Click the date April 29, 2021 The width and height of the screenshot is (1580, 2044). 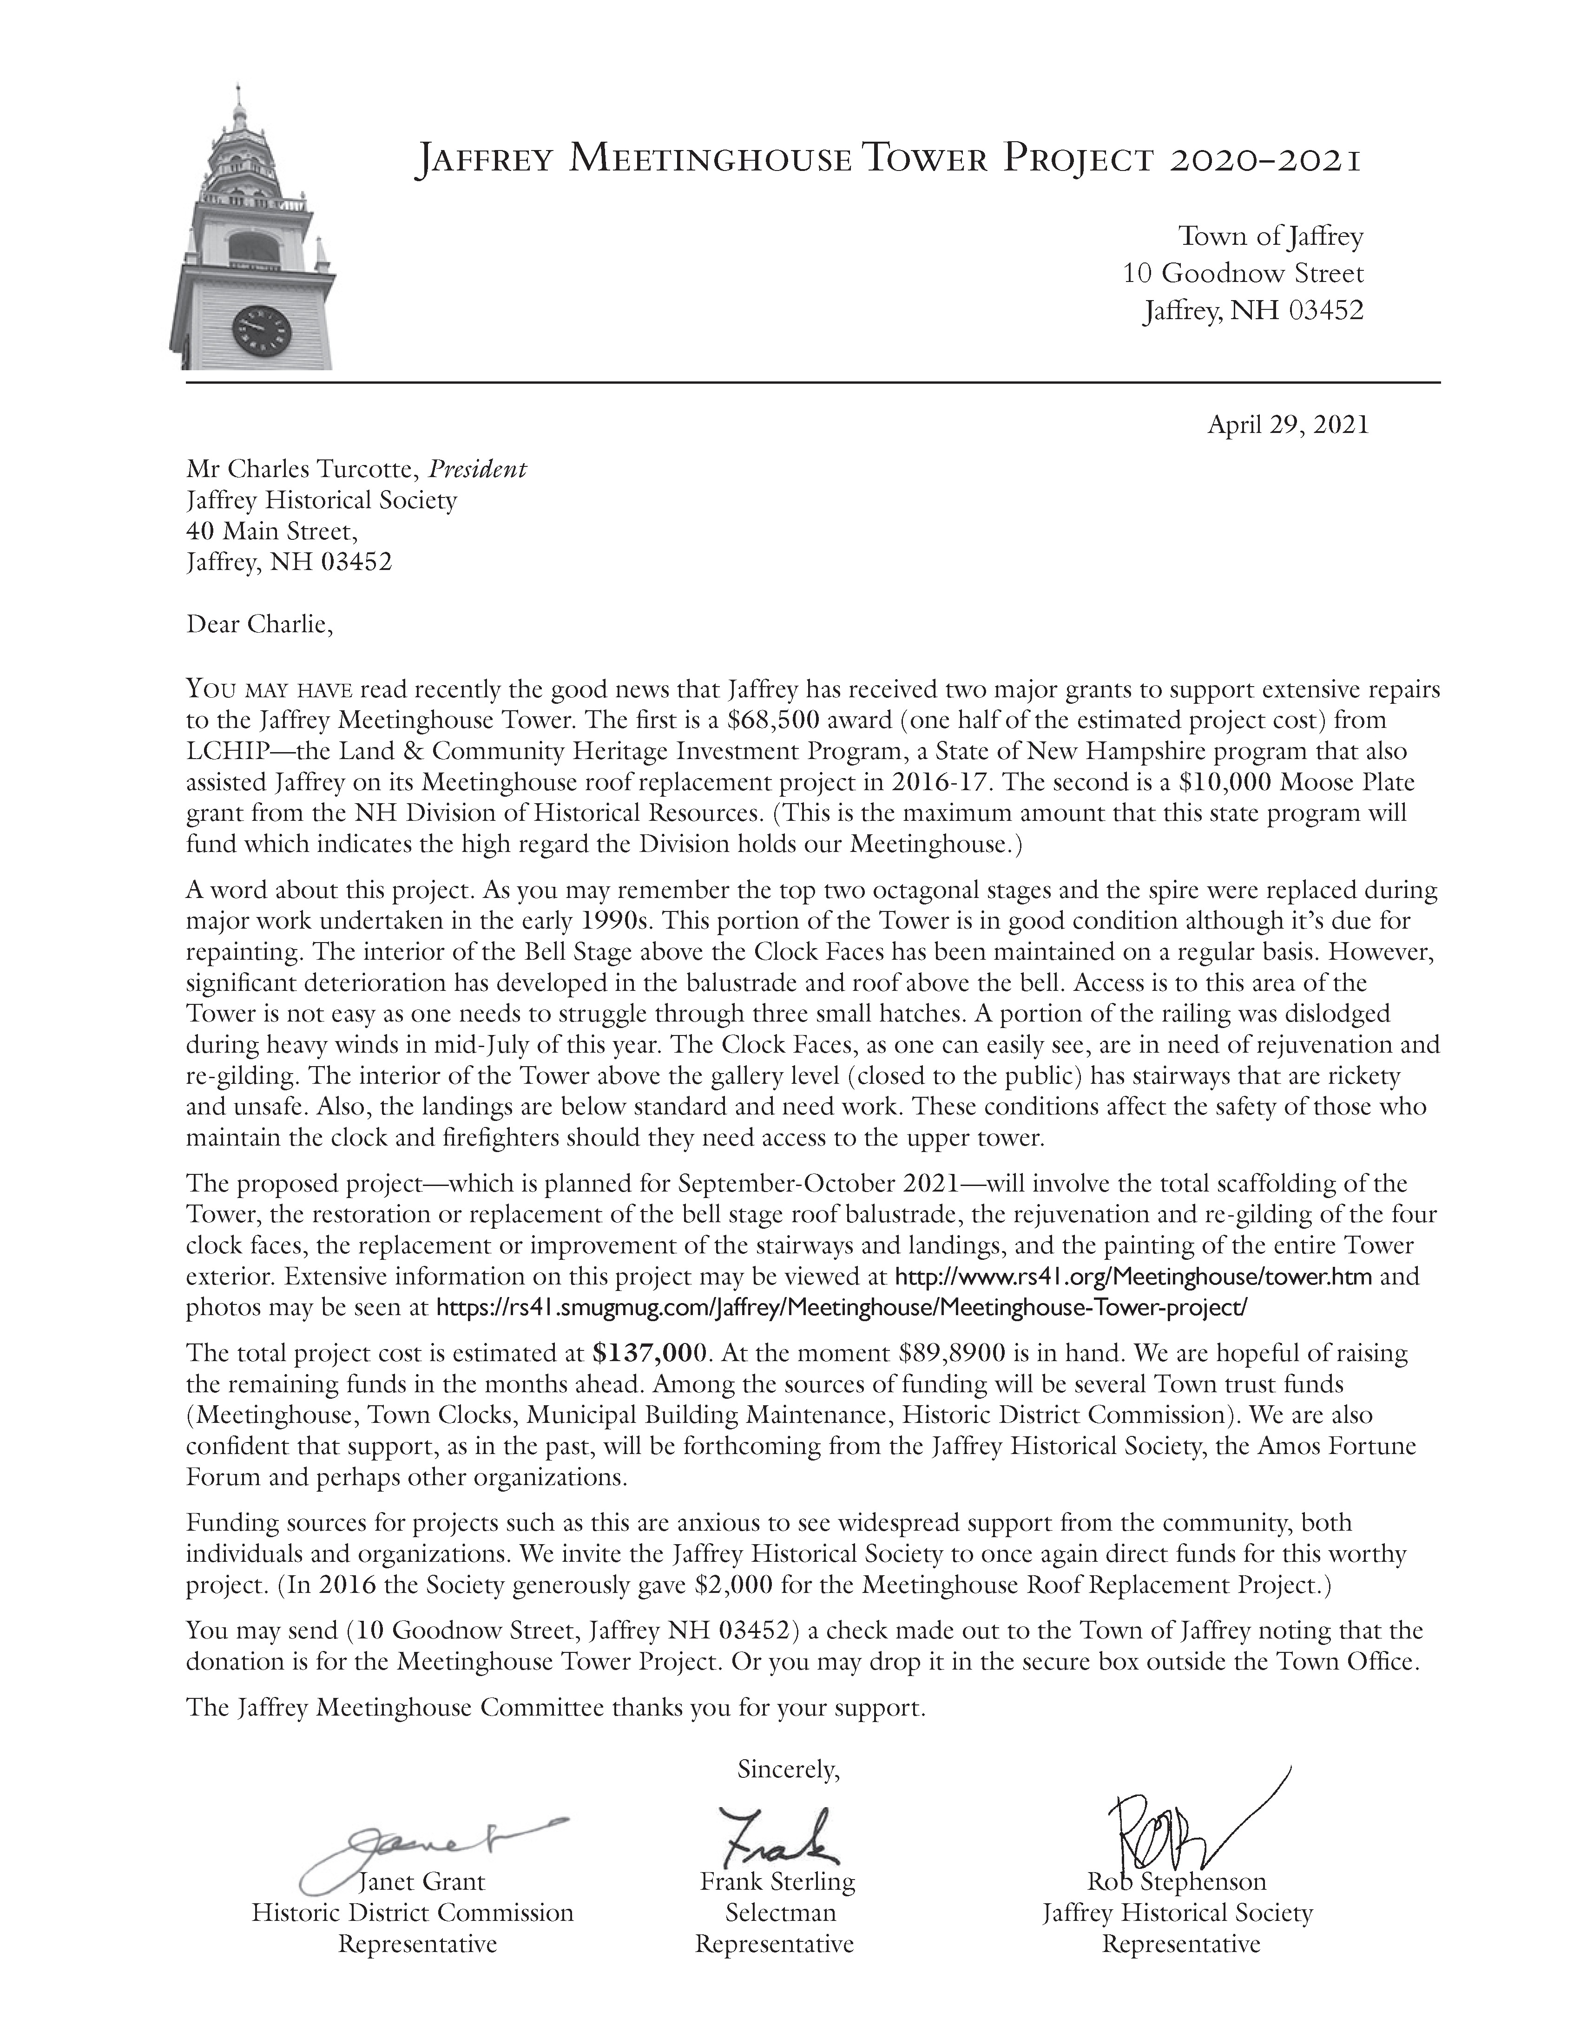coord(1288,426)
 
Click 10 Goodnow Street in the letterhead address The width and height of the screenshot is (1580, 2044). coord(1243,274)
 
